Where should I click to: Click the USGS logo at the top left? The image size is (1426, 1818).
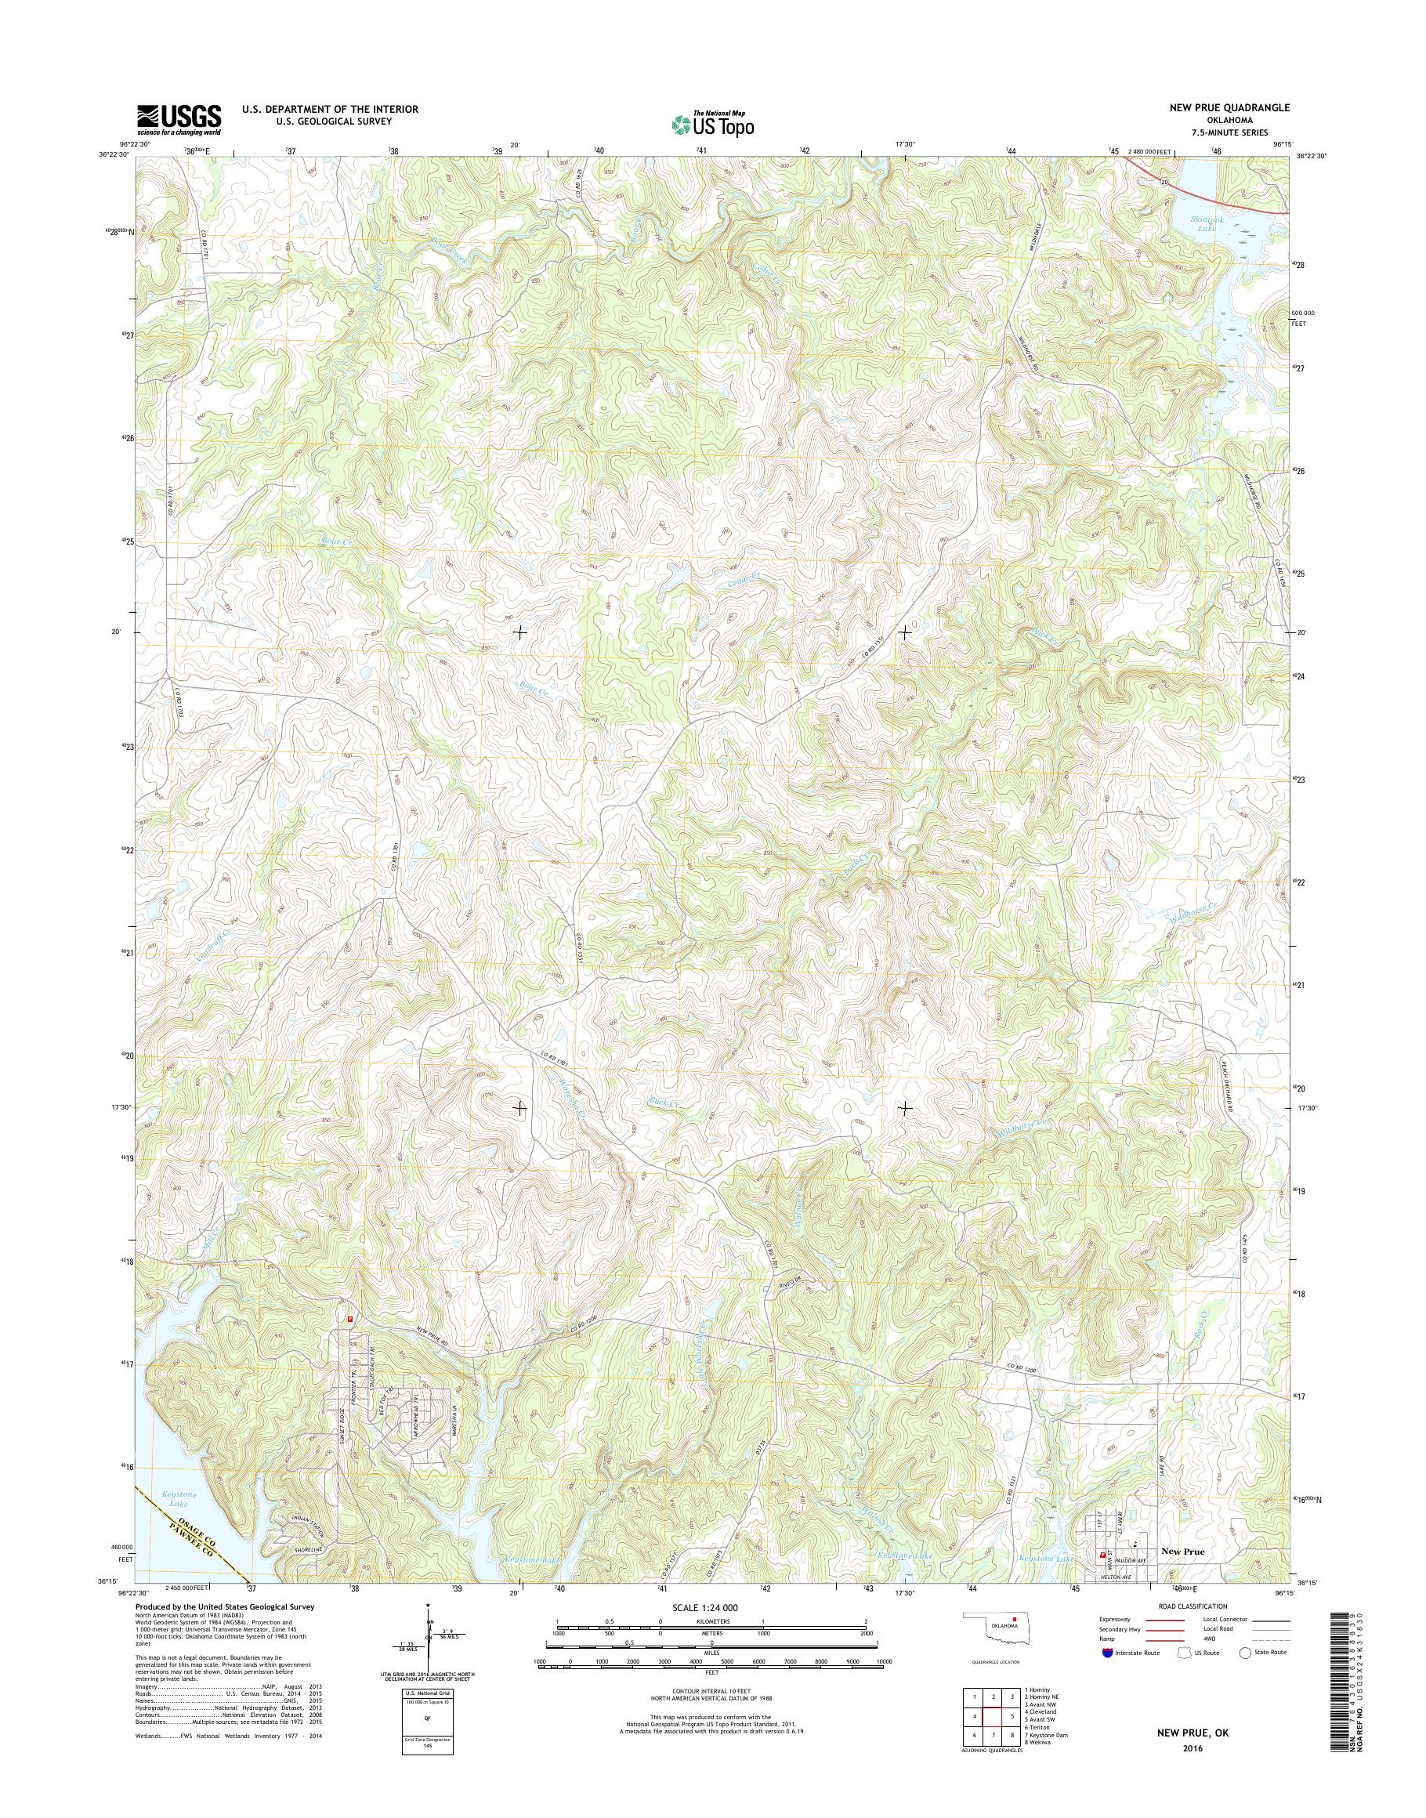(179, 120)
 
